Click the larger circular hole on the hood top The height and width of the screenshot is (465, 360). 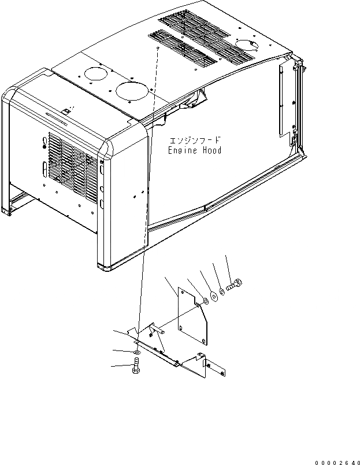pos(131,90)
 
